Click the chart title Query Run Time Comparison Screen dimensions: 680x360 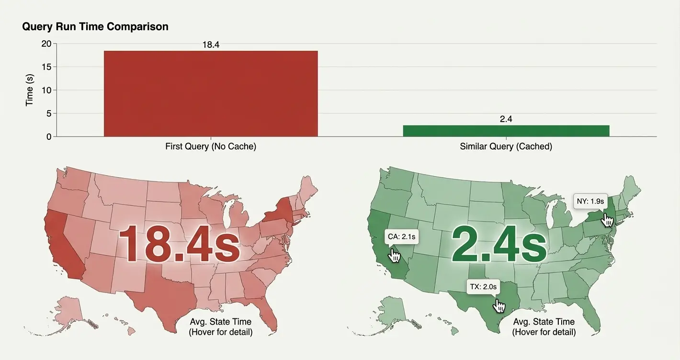click(x=95, y=26)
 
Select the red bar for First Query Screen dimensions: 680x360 click(x=211, y=93)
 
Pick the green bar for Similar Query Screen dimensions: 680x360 click(x=506, y=131)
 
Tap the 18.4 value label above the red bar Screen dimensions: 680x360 click(x=211, y=45)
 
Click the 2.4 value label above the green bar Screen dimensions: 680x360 click(x=506, y=119)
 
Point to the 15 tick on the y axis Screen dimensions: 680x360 click(x=47, y=67)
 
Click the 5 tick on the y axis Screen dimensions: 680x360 click(x=49, y=113)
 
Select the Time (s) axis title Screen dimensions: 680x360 click(x=29, y=90)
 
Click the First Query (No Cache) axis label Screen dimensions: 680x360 click(x=211, y=146)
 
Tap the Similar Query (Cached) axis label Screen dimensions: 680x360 click(x=506, y=146)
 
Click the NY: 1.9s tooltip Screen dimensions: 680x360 click(x=590, y=201)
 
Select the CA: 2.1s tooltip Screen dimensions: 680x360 click(x=402, y=236)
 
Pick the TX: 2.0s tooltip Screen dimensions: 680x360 click(x=483, y=287)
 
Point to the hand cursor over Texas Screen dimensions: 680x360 click(x=499, y=306)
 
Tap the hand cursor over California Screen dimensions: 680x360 click(x=394, y=256)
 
